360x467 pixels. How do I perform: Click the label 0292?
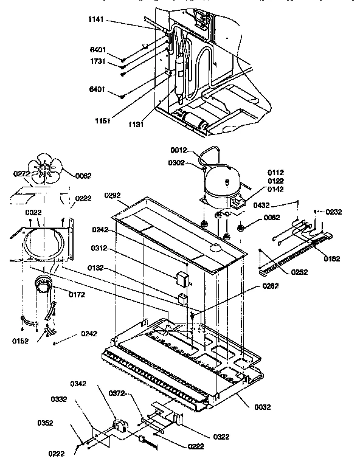(x=113, y=196)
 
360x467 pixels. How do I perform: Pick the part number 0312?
(x=100, y=247)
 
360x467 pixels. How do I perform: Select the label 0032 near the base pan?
(x=262, y=407)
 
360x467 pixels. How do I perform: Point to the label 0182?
(x=332, y=258)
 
